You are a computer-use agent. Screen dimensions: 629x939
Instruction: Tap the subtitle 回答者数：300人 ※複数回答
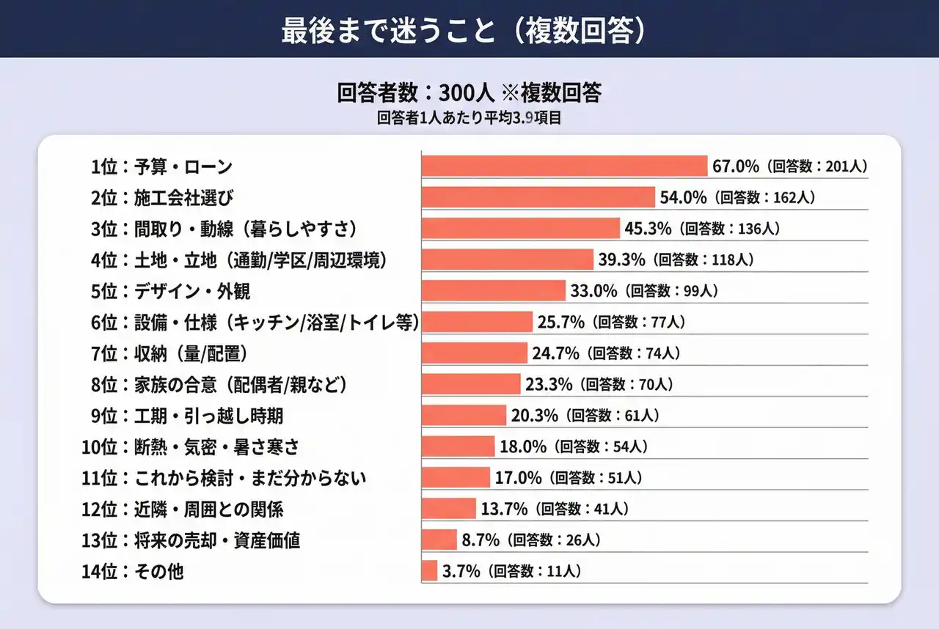(x=469, y=93)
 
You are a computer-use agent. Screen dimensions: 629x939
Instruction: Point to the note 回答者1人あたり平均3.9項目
(x=469, y=118)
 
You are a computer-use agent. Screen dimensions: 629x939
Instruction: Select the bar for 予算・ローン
(x=564, y=166)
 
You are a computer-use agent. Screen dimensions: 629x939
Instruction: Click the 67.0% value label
(x=735, y=166)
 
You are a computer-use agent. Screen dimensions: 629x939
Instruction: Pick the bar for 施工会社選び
(x=538, y=197)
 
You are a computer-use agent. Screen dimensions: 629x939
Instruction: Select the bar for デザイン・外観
(x=493, y=290)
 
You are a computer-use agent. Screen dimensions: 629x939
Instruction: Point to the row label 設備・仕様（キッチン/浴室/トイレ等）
(x=255, y=322)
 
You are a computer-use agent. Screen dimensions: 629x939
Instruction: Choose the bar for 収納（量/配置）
(x=475, y=353)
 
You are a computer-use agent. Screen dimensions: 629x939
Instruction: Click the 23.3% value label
(x=548, y=383)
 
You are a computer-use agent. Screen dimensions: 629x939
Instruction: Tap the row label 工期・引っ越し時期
(x=187, y=416)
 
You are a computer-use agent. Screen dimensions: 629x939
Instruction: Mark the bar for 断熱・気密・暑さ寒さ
(x=458, y=446)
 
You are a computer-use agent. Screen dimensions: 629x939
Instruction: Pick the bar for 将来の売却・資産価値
(x=439, y=540)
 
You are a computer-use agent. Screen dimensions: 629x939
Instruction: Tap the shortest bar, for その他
(x=430, y=570)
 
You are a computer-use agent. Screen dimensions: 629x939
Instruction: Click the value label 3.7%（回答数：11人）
(x=511, y=571)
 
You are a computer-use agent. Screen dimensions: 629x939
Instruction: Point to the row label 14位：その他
(x=133, y=572)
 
